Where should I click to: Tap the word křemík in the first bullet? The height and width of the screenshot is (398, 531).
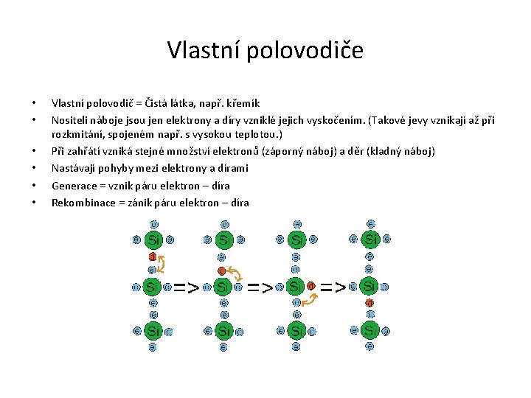240,103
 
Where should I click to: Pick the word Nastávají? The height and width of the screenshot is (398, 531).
72,168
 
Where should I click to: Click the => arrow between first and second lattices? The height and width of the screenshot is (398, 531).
186,287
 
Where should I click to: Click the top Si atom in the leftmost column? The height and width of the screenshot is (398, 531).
153,239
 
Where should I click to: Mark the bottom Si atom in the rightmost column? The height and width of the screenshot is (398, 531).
370,330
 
